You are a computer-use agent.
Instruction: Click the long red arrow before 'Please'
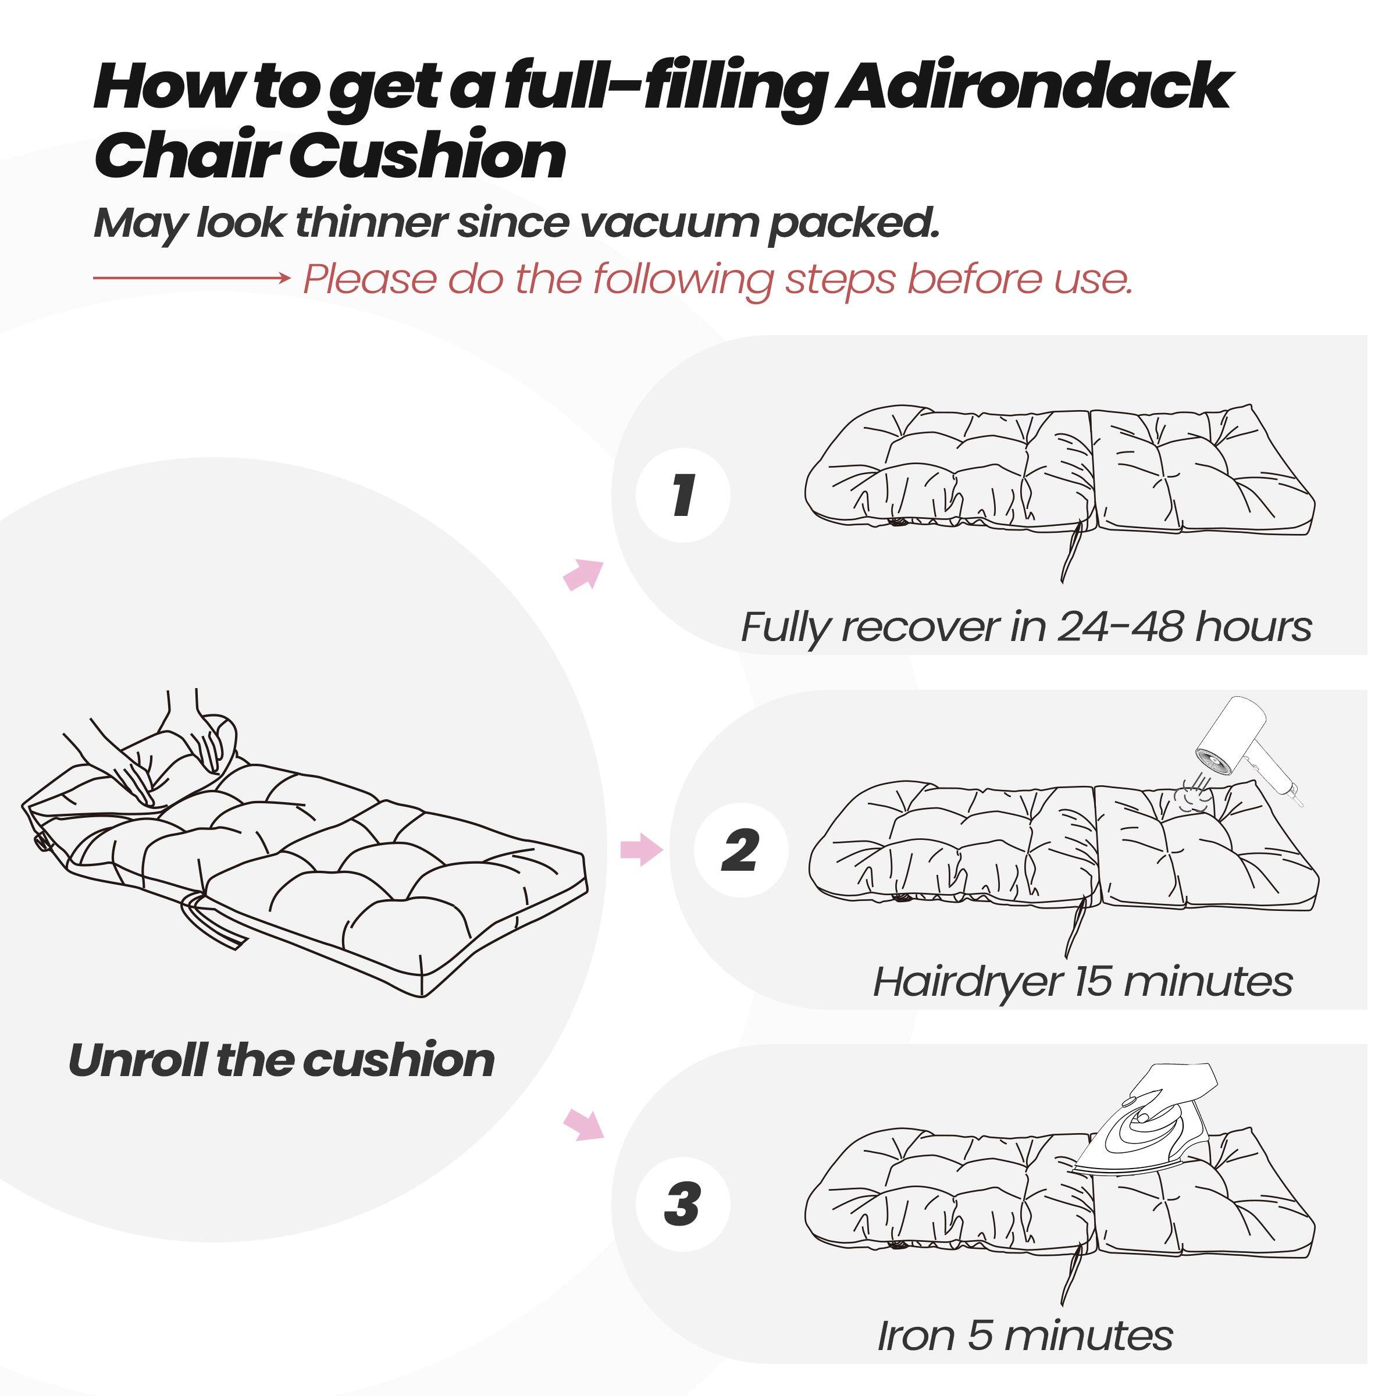coord(191,277)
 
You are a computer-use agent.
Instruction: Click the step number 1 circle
coord(683,496)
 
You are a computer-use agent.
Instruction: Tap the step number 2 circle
coord(740,850)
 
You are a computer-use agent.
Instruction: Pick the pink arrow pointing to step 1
coord(583,575)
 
